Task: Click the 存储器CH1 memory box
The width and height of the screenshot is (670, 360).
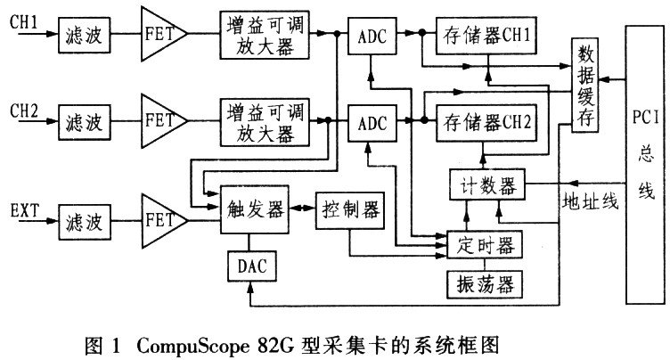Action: point(487,36)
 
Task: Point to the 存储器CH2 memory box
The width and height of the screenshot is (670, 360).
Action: point(487,122)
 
